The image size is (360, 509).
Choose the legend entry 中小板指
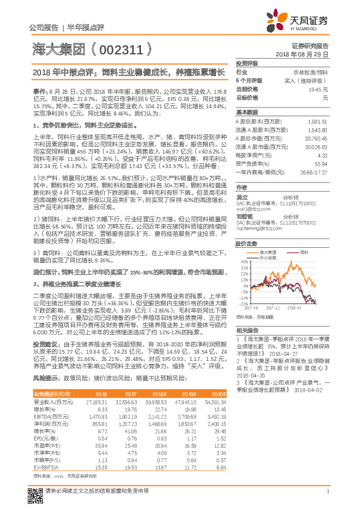coord(277,257)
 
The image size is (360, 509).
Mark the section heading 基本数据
coord(246,112)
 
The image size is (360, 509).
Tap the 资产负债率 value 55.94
coord(321,163)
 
